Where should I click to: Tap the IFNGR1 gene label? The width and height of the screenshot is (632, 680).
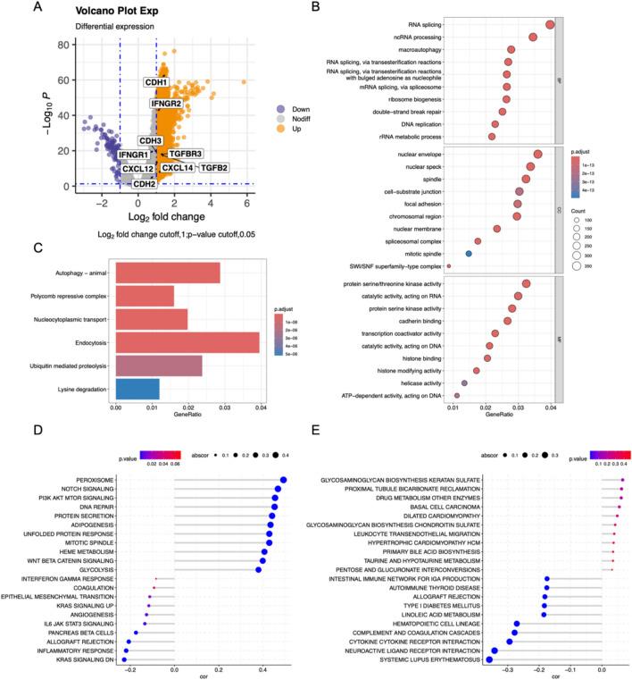coord(133,155)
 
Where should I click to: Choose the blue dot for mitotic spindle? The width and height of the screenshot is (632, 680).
coord(469,254)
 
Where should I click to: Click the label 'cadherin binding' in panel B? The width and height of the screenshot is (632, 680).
coord(410,320)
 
